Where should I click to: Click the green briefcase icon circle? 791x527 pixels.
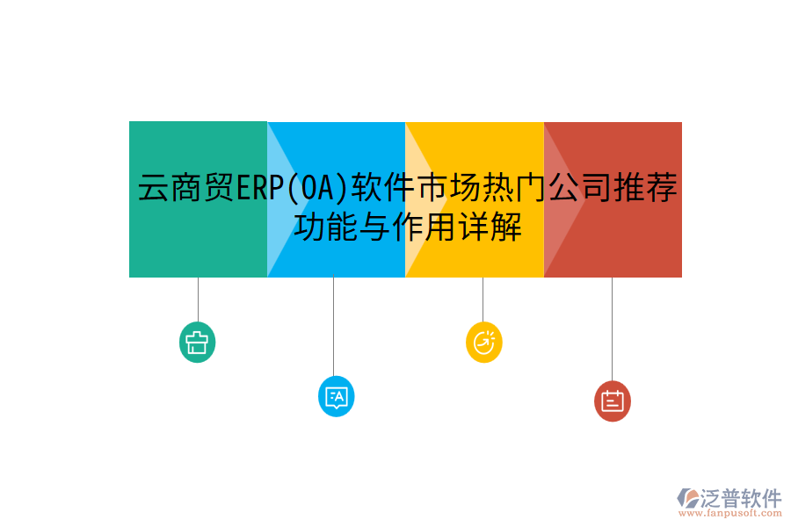[x=197, y=342]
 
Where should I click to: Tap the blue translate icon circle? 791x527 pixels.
[x=336, y=396]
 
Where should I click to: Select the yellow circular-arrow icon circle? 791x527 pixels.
[x=483, y=342]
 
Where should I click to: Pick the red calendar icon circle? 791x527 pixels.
[x=612, y=401]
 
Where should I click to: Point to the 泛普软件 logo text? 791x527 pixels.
[x=741, y=498]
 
